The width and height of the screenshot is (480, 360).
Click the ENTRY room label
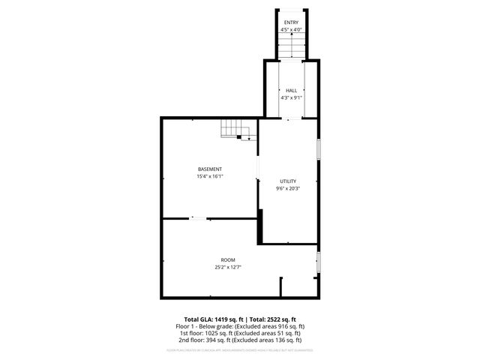point(290,22)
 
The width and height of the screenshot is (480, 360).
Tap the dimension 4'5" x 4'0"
point(290,30)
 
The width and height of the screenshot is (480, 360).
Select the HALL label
point(291,90)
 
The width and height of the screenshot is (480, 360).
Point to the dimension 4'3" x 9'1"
point(291,97)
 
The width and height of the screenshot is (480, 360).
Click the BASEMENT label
point(210,169)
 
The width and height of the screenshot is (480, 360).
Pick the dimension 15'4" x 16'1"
point(210,176)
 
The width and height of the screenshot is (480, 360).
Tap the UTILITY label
point(288,181)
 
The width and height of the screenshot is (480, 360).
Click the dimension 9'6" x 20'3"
point(288,188)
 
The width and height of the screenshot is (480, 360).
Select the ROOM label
point(227,259)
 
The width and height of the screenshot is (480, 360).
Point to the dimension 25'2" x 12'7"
point(227,267)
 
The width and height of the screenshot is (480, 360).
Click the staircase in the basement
point(232,133)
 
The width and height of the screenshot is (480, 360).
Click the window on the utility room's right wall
point(318,148)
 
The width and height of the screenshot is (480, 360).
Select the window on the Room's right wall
point(318,262)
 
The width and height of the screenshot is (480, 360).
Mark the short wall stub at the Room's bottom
point(280,286)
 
